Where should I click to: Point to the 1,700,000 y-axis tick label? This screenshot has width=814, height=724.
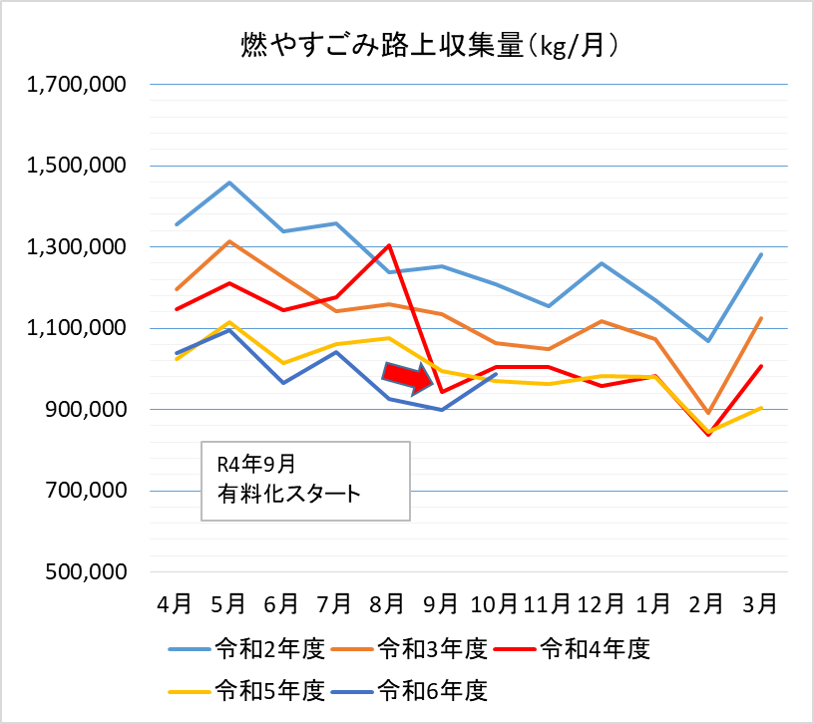pyautogui.click(x=77, y=85)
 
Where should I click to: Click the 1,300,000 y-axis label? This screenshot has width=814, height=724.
pyautogui.click(x=77, y=247)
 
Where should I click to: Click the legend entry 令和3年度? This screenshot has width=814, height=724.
pyautogui.click(x=432, y=650)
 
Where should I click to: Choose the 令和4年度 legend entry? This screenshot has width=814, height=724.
pyautogui.click(x=595, y=650)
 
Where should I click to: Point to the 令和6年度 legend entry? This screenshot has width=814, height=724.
pyautogui.click(x=432, y=689)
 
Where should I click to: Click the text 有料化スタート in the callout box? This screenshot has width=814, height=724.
pyautogui.click(x=288, y=492)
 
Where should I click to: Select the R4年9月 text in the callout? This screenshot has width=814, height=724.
pyautogui.click(x=255, y=464)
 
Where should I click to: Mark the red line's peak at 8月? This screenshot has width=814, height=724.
pyautogui.click(x=388, y=245)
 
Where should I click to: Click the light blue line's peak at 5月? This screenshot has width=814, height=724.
pyautogui.click(x=229, y=182)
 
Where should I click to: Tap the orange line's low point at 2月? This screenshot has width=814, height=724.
pyautogui.click(x=707, y=413)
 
